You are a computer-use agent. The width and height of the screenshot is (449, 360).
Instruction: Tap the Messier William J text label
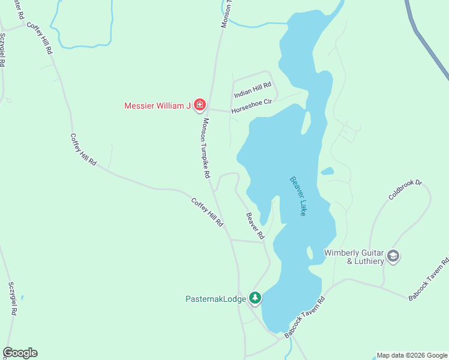157,106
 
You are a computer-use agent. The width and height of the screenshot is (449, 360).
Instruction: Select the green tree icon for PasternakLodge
255,298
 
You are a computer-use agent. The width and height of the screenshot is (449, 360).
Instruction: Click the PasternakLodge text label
215,298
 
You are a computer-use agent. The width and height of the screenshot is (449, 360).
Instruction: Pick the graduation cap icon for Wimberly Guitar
393,257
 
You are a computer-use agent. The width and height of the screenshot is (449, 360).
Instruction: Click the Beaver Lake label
298,196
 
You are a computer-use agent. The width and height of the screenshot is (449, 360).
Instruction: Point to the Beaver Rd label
255,226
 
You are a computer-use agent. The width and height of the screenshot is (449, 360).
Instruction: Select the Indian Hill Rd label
253,91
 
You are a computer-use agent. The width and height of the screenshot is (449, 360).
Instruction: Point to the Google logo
20,353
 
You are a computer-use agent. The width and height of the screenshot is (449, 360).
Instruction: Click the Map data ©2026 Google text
411,355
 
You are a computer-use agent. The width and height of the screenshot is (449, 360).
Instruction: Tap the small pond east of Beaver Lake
327,172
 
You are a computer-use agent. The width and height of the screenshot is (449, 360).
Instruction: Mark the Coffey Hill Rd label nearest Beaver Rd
208,212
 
